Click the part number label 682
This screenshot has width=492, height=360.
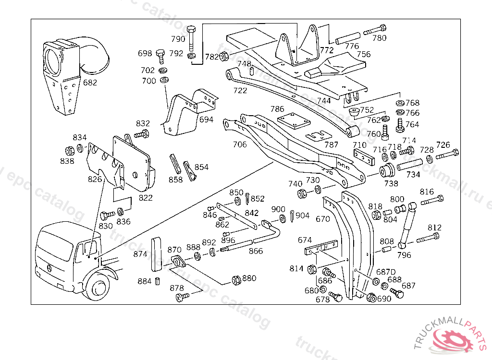click(x=90, y=82)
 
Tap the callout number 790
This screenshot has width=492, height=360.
click(x=178, y=39)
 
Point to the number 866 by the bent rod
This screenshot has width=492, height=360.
click(x=256, y=251)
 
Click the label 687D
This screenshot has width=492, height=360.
click(x=385, y=272)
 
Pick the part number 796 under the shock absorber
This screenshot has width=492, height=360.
click(x=404, y=255)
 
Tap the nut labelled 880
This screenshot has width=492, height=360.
click(x=237, y=280)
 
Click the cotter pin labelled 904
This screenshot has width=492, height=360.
click(x=292, y=216)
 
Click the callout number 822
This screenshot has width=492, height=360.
click(x=146, y=197)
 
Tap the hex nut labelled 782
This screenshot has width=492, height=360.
click(x=224, y=57)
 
